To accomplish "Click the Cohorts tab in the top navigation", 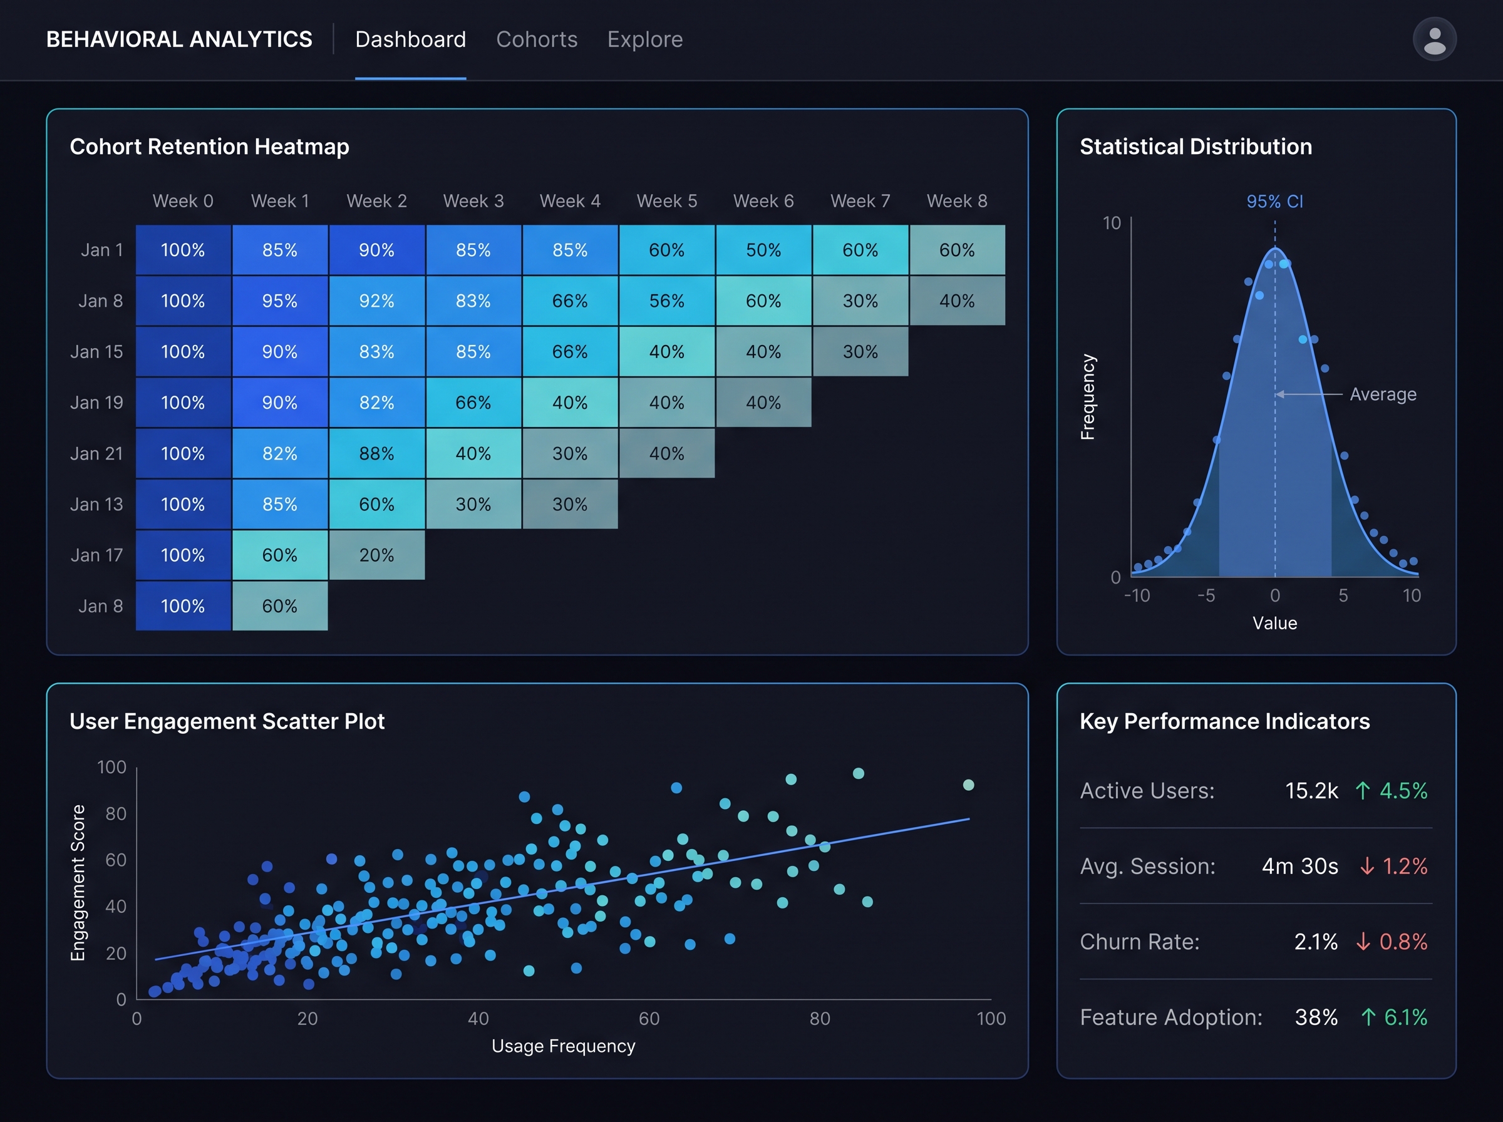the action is pyautogui.click(x=537, y=39).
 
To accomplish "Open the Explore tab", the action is pyautogui.click(x=644, y=39).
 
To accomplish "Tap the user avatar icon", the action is pyautogui.click(x=1434, y=39).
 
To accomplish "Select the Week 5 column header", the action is pyautogui.click(x=667, y=201).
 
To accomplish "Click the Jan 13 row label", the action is pyautogui.click(x=96, y=504).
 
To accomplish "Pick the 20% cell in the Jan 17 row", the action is pyautogui.click(x=377, y=555).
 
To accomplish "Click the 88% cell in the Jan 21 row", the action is pyautogui.click(x=377, y=453).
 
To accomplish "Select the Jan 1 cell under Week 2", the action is pyautogui.click(x=377, y=250).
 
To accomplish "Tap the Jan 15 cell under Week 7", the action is pyautogui.click(x=860, y=351).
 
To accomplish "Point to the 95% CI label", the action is pyautogui.click(x=1274, y=201).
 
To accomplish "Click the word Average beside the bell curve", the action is pyautogui.click(x=1383, y=394).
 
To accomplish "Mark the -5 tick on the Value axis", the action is pyautogui.click(x=1206, y=595).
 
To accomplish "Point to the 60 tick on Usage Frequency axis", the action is pyautogui.click(x=649, y=1018).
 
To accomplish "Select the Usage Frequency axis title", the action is pyautogui.click(x=563, y=1046).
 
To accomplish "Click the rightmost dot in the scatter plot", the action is pyautogui.click(x=968, y=785).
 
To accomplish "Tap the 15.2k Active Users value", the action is pyautogui.click(x=1311, y=791).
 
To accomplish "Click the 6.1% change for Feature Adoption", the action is pyautogui.click(x=1405, y=1017).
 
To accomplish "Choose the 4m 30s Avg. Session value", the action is pyautogui.click(x=1300, y=866).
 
